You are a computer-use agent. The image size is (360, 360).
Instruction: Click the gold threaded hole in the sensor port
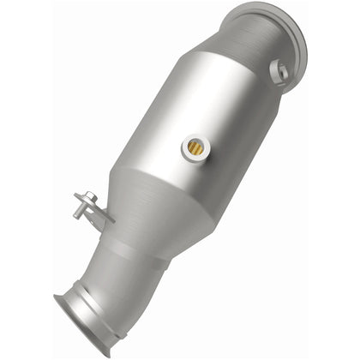pyautogui.click(x=196, y=148)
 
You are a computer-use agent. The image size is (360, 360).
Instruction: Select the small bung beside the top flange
pyautogui.click(x=278, y=71)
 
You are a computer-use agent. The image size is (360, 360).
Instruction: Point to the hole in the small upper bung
pyautogui.click(x=278, y=70)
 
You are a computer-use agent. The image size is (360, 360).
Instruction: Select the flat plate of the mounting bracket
pyautogui.click(x=96, y=212)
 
